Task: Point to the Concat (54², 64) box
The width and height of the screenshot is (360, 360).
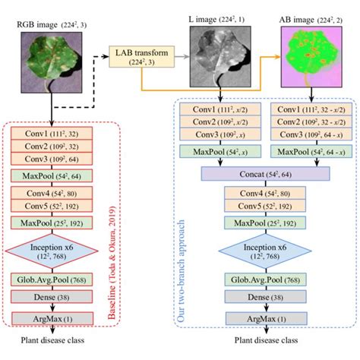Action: (x=265, y=174)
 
